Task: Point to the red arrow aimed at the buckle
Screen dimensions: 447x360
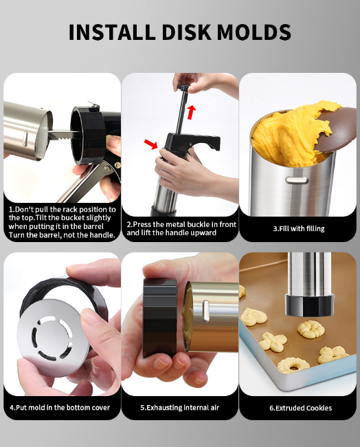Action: [150, 144]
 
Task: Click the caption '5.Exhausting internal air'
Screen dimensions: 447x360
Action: [180, 408]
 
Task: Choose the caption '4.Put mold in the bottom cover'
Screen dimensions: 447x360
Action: [60, 408]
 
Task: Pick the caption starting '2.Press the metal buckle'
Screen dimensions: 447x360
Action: [180, 228]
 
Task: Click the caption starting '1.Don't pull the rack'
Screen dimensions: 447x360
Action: [62, 222]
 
